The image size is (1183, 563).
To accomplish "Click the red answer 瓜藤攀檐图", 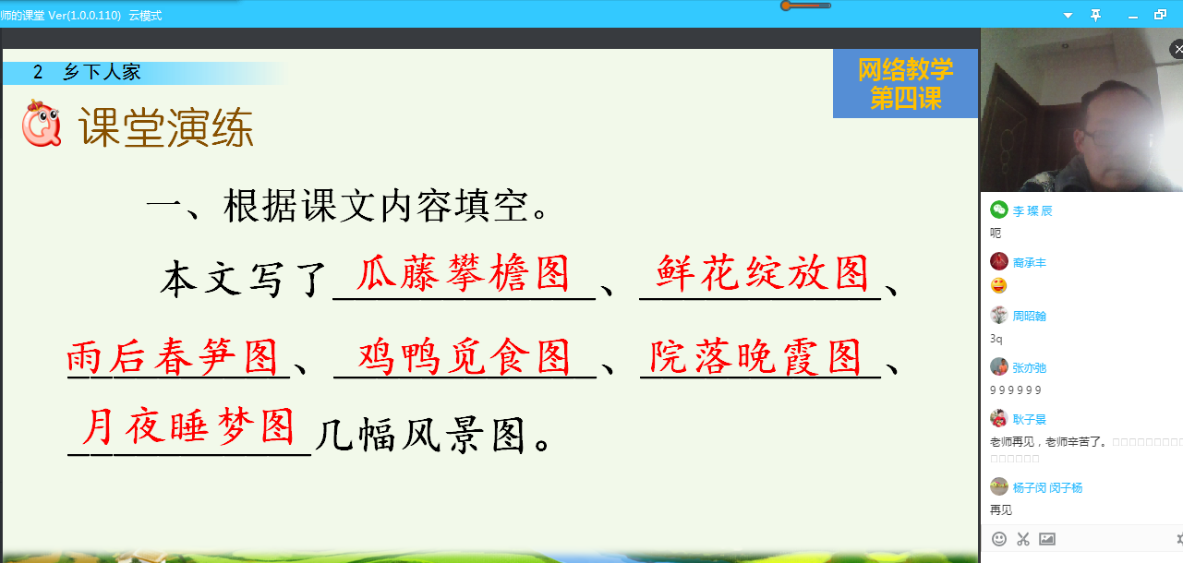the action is (464, 273).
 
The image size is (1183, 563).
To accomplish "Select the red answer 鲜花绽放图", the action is (763, 273).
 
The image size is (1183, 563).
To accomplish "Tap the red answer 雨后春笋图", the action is (172, 357).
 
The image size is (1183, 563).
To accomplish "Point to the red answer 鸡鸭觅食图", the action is (465, 357).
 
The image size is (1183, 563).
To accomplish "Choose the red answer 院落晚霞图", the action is (755, 357).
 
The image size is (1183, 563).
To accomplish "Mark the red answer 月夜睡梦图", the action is (188, 426).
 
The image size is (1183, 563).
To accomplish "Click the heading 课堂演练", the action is (166, 127).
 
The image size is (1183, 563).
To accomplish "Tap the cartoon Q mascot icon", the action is (42, 123).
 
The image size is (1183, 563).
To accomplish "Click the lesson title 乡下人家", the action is (102, 72).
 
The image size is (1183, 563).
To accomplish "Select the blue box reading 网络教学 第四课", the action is (905, 83).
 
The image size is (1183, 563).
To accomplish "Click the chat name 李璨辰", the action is (1032, 211).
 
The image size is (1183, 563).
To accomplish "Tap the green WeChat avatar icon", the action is (998, 210).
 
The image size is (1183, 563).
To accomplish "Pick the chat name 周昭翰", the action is (1030, 316).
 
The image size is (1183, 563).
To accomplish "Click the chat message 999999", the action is (1016, 389).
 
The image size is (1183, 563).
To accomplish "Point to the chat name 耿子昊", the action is (1030, 419).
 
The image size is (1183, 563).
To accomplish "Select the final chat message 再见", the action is (1001, 509).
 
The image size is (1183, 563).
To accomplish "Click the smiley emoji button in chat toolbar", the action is (998, 539).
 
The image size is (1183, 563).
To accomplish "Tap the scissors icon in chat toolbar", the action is (1023, 539).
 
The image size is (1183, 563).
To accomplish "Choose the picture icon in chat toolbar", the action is (1046, 539).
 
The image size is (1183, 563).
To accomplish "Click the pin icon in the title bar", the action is (1096, 16).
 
